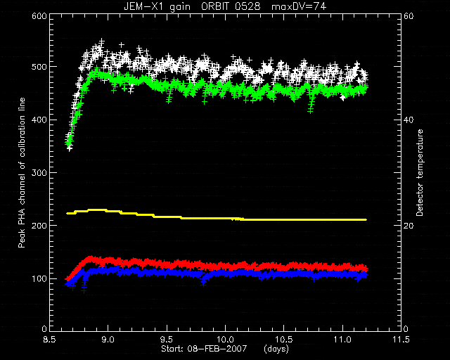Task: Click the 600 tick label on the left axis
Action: tap(39, 16)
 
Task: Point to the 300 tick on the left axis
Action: tap(39, 173)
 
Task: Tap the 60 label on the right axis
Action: tap(409, 16)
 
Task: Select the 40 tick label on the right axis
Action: tap(409, 120)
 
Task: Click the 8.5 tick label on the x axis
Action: tap(49, 340)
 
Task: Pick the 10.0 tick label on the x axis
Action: tap(225, 340)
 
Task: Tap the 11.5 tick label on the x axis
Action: tap(401, 340)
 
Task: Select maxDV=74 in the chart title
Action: tap(299, 6)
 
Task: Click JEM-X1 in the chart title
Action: tap(142, 6)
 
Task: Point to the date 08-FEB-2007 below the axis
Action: tap(217, 349)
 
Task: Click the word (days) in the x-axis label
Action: tap(276, 349)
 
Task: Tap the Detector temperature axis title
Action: tap(420, 172)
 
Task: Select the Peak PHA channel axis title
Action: tap(22, 172)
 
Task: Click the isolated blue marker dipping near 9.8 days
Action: tap(203, 285)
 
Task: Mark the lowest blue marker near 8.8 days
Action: tap(84, 291)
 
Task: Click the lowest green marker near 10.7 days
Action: tap(310, 111)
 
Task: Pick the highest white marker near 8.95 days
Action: tap(101, 41)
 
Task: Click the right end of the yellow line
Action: tap(366, 219)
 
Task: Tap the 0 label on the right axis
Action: tap(406, 328)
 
